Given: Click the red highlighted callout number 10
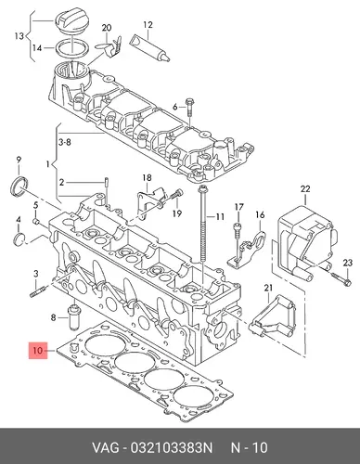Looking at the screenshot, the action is tap(38, 351).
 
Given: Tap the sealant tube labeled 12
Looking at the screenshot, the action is tap(150, 48).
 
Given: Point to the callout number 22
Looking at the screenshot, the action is tap(305, 188).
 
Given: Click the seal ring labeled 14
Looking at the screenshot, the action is tap(72, 48).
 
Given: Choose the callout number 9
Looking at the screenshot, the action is tap(19, 160).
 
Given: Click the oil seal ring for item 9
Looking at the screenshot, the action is tap(19, 187).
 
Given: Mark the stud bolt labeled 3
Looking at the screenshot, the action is tap(38, 292).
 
